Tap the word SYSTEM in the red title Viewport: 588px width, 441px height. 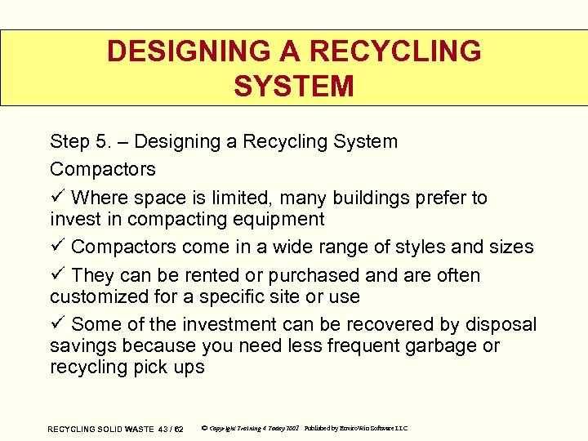coord(294,86)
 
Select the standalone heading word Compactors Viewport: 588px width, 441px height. coord(102,169)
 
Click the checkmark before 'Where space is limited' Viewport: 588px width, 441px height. coord(57,198)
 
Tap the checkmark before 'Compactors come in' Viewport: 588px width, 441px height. coord(57,247)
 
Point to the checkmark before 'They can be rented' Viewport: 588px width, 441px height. coord(57,275)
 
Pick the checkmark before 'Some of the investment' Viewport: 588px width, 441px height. coord(57,324)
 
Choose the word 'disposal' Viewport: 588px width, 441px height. coord(501,324)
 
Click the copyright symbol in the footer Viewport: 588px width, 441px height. coord(203,428)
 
